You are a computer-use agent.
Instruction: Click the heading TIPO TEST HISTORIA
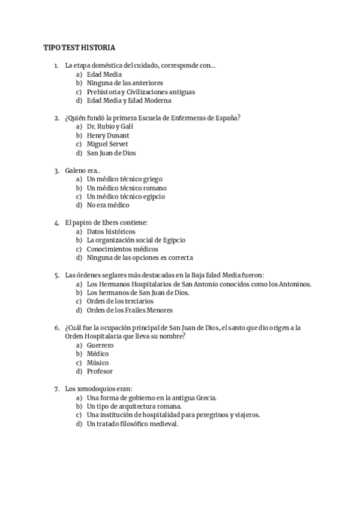click(79, 47)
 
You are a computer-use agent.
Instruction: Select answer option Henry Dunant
click(108, 136)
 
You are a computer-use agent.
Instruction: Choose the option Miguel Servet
click(107, 144)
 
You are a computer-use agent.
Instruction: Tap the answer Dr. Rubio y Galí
click(110, 127)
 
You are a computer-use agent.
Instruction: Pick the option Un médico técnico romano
click(127, 188)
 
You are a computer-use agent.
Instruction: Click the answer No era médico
click(108, 205)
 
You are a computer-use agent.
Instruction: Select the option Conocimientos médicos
click(122, 249)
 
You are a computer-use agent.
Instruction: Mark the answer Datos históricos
click(111, 232)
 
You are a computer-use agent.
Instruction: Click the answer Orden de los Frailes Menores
click(130, 310)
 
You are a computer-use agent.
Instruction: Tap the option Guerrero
click(101, 346)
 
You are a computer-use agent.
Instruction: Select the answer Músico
click(98, 363)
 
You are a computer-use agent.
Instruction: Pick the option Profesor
click(100, 372)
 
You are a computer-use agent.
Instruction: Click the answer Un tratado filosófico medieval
click(133, 424)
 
